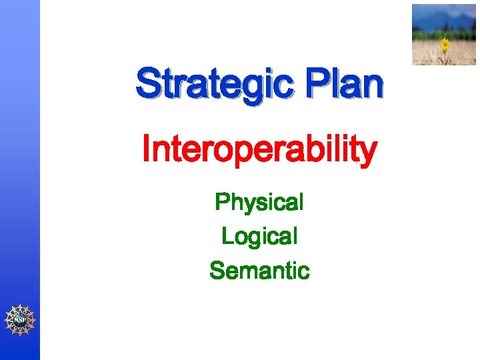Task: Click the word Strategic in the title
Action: tap(214, 85)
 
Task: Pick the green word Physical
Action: tap(259, 202)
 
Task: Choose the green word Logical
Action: tap(259, 237)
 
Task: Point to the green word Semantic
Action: tap(259, 271)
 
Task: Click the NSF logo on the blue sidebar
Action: tap(20, 320)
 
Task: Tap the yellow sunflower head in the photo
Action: tap(445, 44)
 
